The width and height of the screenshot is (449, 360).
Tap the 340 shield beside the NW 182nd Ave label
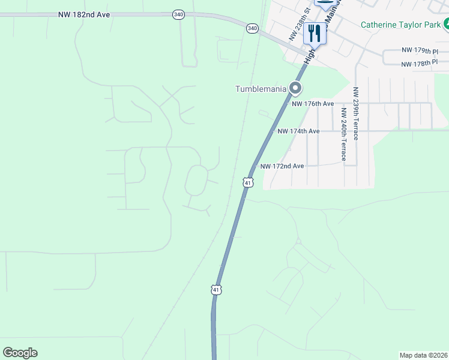click(178, 14)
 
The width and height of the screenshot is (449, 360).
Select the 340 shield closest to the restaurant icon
click(252, 28)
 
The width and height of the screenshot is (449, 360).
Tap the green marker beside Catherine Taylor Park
click(446, 25)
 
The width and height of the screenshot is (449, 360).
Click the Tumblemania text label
click(260, 89)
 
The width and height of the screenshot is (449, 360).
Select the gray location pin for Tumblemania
click(295, 89)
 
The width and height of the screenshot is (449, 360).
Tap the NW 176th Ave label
click(313, 104)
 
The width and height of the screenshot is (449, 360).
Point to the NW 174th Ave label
click(298, 131)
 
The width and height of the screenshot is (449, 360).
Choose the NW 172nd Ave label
click(282, 166)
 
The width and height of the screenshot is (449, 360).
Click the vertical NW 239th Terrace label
click(356, 113)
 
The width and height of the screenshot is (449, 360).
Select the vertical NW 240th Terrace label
click(344, 135)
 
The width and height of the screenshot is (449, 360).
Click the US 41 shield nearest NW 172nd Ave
click(247, 182)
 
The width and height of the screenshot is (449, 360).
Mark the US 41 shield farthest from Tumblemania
click(216, 290)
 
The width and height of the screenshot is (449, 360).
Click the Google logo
click(20, 353)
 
